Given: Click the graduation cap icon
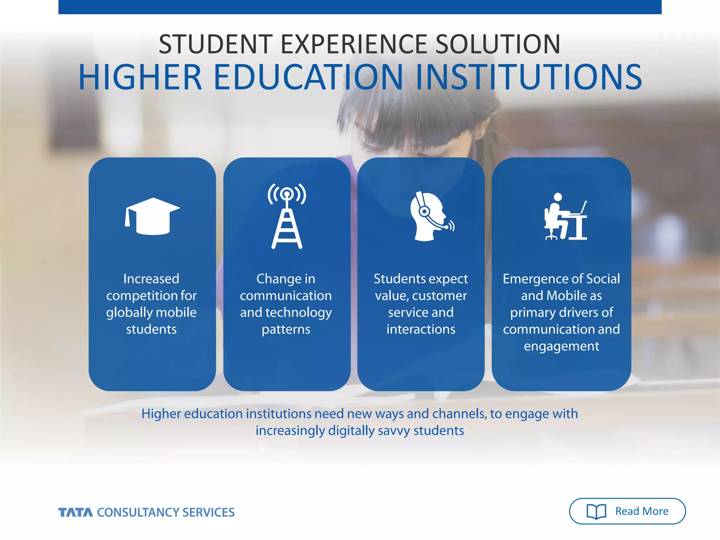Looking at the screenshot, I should [152, 216].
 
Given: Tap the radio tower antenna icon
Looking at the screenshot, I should [287, 216].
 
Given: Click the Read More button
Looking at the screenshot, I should [627, 511].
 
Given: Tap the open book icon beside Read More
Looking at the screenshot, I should [596, 512].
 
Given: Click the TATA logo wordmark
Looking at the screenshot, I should [76, 513].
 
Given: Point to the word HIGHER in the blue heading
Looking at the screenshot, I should [140, 77].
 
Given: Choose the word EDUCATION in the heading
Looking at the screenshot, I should [308, 77].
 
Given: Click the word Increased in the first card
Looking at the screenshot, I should [151, 279].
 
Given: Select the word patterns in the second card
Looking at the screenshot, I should [286, 329].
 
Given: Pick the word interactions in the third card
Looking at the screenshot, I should [421, 329].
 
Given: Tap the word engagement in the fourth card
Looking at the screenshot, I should [561, 346].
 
